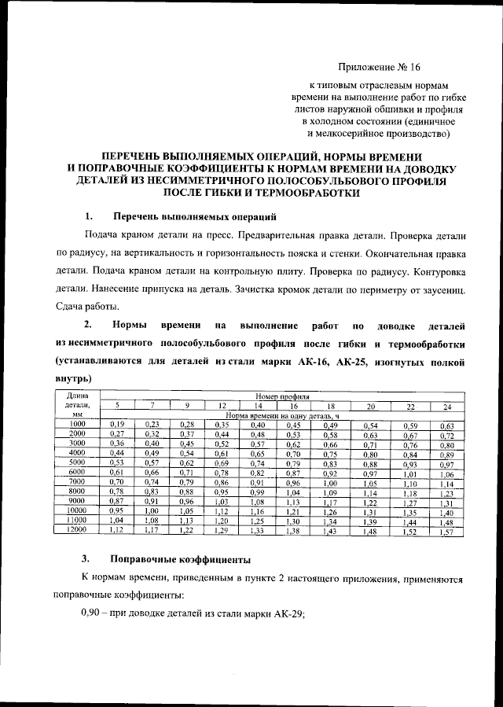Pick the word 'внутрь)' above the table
coord(72,378)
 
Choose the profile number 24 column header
coord(446,406)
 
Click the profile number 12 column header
coord(222,406)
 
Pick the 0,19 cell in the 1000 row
coord(117,425)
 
